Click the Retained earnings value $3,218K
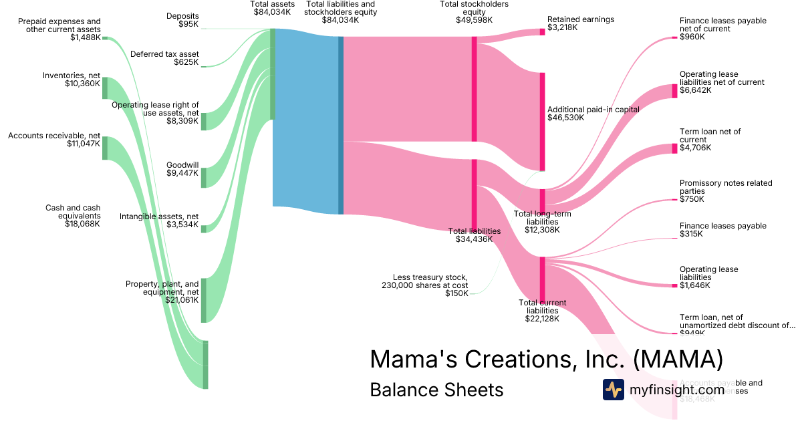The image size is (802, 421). click(562, 28)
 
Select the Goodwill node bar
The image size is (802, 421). click(204, 177)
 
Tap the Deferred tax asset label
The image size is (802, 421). click(164, 54)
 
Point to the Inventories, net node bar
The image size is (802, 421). click(104, 88)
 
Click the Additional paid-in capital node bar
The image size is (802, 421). click(543, 122)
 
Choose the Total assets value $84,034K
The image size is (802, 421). click(272, 12)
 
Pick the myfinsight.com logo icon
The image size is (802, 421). click(613, 390)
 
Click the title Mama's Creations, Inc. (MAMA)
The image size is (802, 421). click(546, 359)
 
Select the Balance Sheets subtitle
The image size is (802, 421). click(436, 390)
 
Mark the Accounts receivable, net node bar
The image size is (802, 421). click(104, 148)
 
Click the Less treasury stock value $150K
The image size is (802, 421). click(456, 293)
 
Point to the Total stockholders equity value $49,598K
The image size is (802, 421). click(474, 20)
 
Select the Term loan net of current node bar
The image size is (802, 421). click(674, 148)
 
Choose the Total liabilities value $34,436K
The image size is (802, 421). click(474, 239)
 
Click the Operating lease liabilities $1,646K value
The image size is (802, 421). click(695, 285)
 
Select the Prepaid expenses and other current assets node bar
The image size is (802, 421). click(104, 38)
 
